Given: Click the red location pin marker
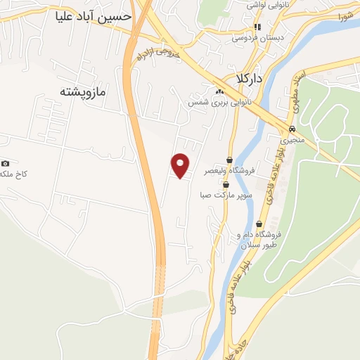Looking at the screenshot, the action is [x=181, y=165].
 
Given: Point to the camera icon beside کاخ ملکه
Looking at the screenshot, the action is [x=6, y=163].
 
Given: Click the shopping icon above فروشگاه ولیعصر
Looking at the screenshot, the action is [x=229, y=160].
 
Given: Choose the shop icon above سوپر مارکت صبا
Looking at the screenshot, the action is [x=225, y=184].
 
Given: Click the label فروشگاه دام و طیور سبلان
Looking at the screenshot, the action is [x=260, y=239].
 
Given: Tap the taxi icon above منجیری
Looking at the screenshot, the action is [x=290, y=129].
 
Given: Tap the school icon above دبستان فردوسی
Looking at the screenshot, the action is [x=257, y=27].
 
